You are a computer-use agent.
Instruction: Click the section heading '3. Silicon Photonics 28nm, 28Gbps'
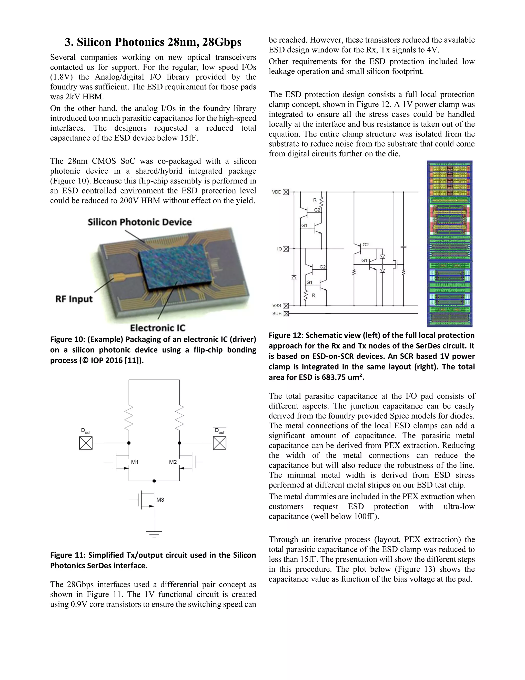153,42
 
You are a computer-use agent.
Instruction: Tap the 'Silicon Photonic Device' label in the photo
140,222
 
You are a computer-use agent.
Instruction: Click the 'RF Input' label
74,299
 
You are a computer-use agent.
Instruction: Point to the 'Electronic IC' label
157,328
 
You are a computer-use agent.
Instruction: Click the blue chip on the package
176,268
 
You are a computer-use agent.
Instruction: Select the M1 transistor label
135,462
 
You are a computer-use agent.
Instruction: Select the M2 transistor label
173,462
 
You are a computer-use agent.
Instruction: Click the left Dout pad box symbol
86,443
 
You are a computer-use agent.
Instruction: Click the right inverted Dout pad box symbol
220,443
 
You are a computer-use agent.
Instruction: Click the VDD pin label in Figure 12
277,192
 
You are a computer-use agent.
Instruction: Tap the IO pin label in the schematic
280,249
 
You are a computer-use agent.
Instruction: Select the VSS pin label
277,306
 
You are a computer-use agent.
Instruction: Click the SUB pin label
277,314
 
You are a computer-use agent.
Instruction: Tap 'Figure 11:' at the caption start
64,555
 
